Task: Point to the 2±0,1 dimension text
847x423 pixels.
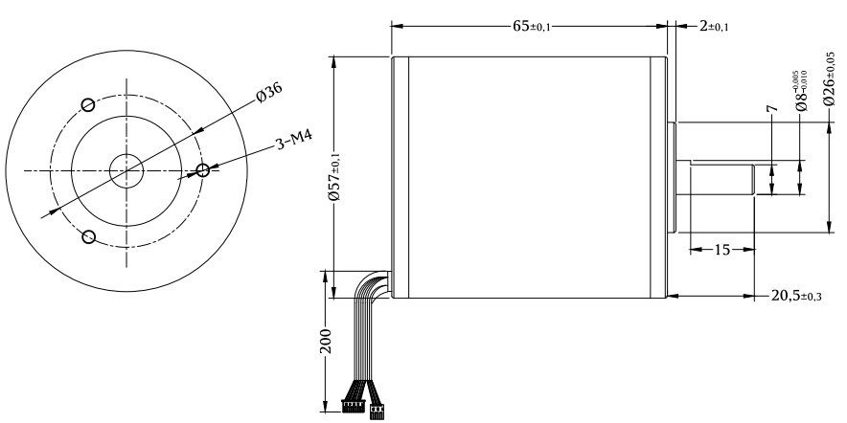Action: [713, 26]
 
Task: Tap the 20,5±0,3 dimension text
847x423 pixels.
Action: [796, 296]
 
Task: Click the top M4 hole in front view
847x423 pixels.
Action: [88, 104]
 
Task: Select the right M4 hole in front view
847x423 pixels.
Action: [202, 170]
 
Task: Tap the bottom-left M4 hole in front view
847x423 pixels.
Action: [88, 236]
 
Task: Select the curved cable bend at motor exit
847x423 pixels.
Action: [372, 281]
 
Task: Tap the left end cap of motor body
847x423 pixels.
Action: [400, 176]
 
